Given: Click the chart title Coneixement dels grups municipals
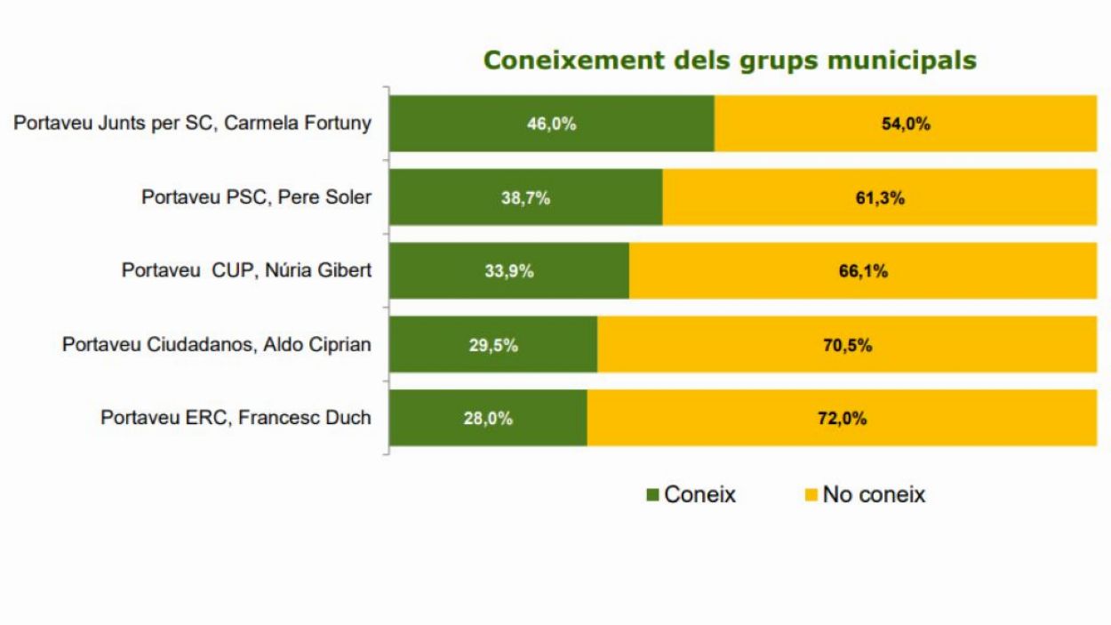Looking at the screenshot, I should pos(730,60).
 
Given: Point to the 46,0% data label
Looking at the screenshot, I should pos(552,124).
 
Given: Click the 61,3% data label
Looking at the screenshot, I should pos(879,198).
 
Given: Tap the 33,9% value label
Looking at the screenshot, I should pos(508,272).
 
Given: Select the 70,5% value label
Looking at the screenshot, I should pos(846,346).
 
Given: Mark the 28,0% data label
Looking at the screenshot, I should pos(488,419).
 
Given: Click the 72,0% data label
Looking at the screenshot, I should pos(842,419).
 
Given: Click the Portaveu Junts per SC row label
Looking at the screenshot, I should pos(192,123).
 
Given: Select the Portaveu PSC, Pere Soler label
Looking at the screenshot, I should pos(256,196).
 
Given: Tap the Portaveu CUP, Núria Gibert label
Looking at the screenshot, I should pos(246,270).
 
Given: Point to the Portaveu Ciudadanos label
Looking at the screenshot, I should pos(216,344).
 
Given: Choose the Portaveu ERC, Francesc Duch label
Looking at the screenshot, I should pos(236,418).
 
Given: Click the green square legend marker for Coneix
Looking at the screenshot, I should pos(653,494).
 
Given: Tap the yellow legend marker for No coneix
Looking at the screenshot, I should pos(810,494).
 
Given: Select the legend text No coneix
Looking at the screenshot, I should pos(874,494).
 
